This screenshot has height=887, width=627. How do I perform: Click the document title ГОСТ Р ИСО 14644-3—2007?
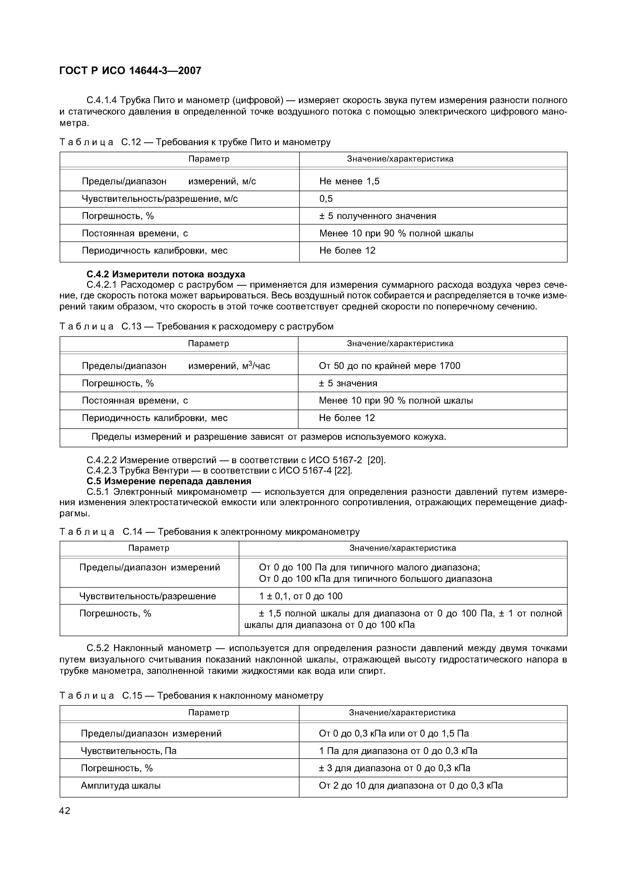130,71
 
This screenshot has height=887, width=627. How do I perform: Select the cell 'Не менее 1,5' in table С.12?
349,181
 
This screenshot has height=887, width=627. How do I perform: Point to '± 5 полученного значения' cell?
377,216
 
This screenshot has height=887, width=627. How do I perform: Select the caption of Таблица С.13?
196,326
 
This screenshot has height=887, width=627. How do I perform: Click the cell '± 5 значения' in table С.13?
348,383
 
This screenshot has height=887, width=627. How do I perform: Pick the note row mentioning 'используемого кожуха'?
269,437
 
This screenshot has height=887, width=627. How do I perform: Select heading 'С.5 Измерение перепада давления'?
169,481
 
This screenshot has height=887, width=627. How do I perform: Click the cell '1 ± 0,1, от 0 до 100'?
300,596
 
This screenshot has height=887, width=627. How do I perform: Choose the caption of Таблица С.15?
191,696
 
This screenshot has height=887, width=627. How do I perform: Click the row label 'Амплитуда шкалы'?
121,785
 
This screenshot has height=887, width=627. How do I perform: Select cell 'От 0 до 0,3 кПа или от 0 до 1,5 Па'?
394,734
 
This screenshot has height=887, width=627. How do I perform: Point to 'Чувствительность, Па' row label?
129,751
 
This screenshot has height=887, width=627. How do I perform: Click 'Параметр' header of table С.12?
209,159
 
